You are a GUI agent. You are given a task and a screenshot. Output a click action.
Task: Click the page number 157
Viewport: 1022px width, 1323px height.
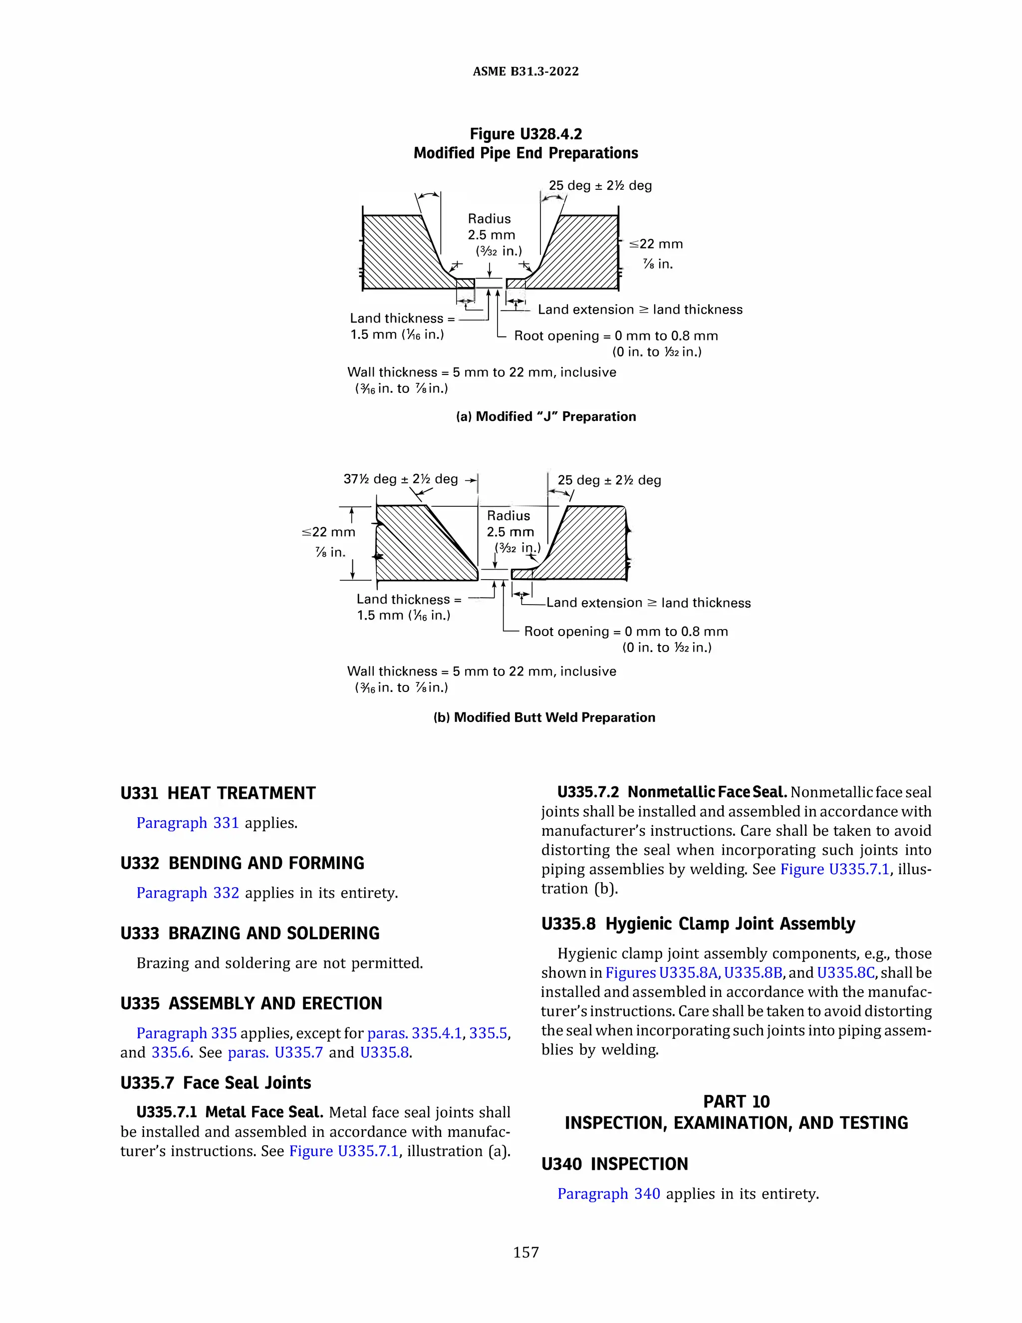525,1252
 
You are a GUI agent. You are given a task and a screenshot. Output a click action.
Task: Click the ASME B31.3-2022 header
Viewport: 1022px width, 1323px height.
525,71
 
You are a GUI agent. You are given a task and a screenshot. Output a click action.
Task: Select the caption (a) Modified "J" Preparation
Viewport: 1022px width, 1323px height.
545,416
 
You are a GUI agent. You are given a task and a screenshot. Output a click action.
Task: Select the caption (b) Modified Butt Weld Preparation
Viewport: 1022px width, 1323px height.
544,717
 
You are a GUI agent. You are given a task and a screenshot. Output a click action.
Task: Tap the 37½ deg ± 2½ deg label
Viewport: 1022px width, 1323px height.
400,479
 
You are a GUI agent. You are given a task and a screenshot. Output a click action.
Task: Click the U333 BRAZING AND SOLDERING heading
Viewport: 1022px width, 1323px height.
250,933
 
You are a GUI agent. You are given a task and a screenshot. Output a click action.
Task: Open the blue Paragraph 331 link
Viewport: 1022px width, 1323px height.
187,823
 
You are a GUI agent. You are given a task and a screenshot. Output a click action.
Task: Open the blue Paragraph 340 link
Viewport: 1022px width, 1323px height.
608,1193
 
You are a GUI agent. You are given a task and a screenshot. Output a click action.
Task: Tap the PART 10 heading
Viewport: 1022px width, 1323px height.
736,1101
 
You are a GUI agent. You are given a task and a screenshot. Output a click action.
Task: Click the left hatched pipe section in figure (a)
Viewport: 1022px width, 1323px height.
400,255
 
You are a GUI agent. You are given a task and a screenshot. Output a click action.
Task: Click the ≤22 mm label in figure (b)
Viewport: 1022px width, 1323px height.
329,533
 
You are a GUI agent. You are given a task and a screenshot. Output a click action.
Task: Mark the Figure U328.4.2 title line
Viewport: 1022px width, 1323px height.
525,134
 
